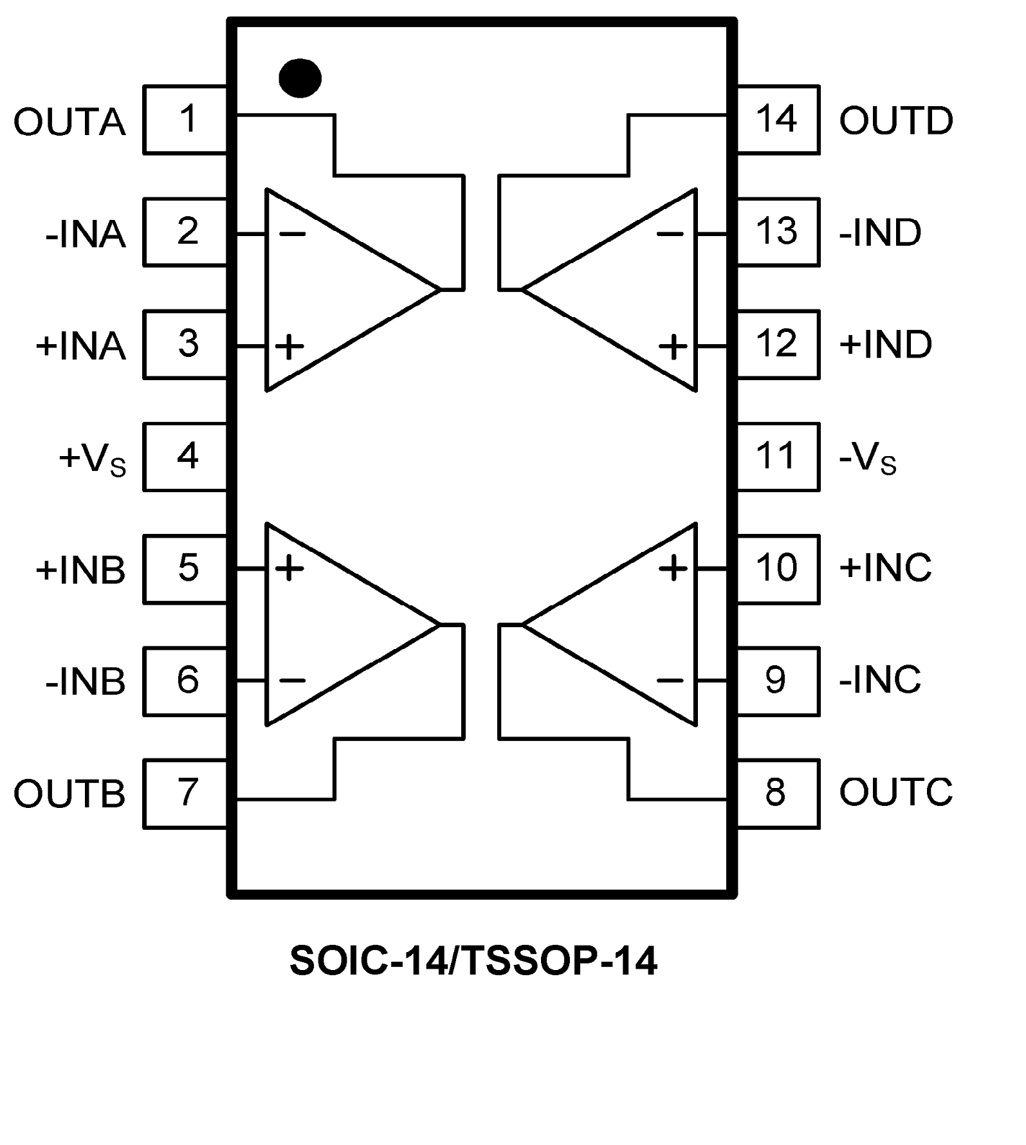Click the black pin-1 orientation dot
click(x=300, y=78)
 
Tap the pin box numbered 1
click(x=186, y=120)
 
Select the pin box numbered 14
click(x=778, y=120)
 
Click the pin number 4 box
click(x=186, y=457)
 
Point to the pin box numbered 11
click(x=778, y=457)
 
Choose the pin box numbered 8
click(x=778, y=793)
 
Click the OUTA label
click(x=69, y=122)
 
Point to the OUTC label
click(x=895, y=792)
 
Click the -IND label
click(x=880, y=232)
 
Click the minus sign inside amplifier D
click(x=670, y=234)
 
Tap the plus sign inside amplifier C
click(x=673, y=568)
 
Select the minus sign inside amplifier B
click(x=293, y=681)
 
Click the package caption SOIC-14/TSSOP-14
click(x=473, y=961)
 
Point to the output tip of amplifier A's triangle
click(x=440, y=290)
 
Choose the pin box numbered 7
click(x=186, y=793)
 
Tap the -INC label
click(x=880, y=679)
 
